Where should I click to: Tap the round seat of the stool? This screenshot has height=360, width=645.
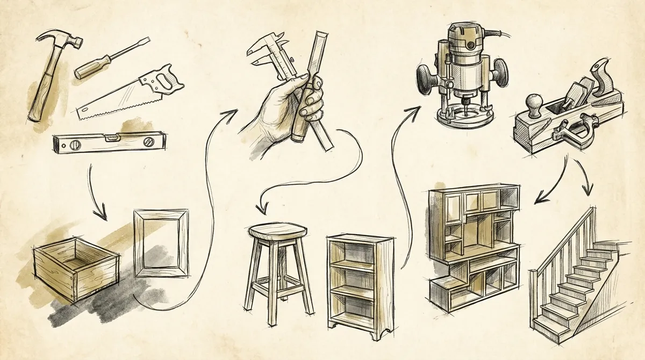point(277,232)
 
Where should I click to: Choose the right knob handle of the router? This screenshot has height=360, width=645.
point(501,70)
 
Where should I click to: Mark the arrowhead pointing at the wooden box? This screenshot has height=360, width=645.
point(101,215)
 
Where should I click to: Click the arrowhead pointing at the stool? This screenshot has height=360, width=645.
point(262,207)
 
